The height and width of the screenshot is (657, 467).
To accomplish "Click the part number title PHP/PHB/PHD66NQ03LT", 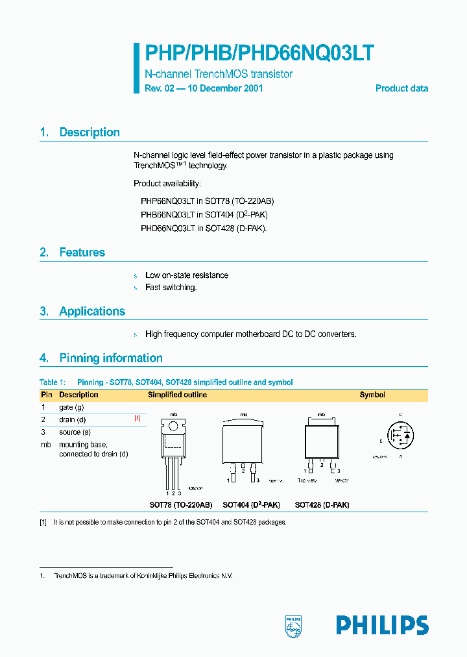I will pos(259,53).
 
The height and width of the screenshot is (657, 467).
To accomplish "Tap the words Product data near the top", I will pos(401,88).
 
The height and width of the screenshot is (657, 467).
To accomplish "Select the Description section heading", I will pos(89,132).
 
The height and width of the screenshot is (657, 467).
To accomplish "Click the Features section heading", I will pos(82,253).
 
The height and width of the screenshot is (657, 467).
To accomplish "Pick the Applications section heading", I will pos(92,312).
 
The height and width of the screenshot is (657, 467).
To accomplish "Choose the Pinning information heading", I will pos(110,358).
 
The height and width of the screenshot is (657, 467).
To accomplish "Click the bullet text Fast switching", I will pos(171,288).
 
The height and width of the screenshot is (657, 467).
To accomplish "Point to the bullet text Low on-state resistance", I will pos(187,275).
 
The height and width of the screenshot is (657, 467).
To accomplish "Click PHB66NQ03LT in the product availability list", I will pos(167,214).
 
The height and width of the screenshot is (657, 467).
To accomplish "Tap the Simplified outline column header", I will pos(178,395).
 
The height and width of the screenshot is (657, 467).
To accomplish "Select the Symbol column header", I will pos(372,395).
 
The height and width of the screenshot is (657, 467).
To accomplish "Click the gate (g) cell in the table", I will pos(71,407).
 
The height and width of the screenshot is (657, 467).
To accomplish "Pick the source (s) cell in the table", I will pos(75,432).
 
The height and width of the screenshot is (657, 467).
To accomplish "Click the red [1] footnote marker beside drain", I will pos(137,419).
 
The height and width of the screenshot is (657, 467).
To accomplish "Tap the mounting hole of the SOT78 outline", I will pos(173,427).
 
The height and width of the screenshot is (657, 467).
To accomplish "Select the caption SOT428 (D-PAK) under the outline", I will pos(322,504).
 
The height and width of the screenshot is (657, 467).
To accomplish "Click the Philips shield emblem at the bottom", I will pos(294,624).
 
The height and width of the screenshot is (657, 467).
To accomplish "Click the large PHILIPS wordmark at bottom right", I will pos(382,625).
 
